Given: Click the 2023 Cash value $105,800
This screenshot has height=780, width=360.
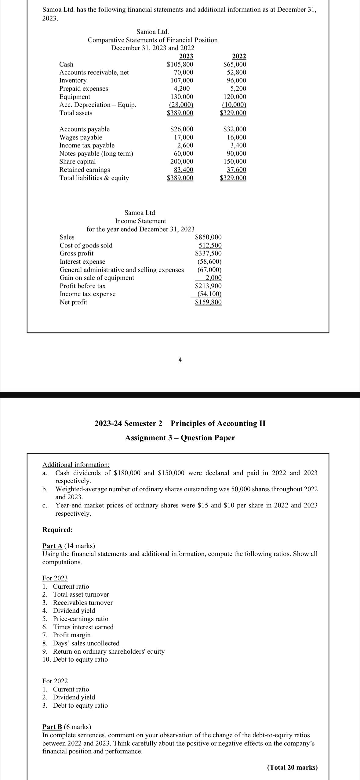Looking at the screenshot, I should [x=180, y=64].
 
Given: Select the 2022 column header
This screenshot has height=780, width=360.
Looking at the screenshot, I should [x=239, y=56].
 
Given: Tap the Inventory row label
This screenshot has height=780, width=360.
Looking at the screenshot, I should [x=73, y=81].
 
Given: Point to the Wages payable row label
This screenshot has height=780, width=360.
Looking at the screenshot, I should [x=81, y=137].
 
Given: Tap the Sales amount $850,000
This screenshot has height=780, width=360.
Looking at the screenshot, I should [x=208, y=237].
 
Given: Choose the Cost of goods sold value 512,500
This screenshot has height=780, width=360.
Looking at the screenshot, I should [x=210, y=245].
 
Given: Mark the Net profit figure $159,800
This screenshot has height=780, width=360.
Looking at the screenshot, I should [x=208, y=302].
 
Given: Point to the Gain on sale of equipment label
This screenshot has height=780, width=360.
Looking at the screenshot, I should [x=96, y=278].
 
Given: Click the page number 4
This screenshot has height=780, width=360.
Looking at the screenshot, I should [x=180, y=360].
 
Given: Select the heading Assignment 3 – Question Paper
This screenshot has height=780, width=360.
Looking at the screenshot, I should [x=180, y=438].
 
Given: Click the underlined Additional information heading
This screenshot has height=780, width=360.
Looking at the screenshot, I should [x=76, y=465].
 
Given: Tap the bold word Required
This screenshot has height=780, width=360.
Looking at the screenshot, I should [x=57, y=529].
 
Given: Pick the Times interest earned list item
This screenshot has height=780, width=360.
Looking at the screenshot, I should [x=83, y=627].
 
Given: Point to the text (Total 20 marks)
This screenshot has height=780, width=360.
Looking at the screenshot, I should [x=292, y=767].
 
